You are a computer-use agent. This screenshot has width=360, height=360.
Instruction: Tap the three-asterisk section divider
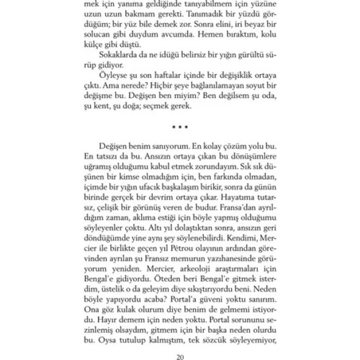tap(180, 128)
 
